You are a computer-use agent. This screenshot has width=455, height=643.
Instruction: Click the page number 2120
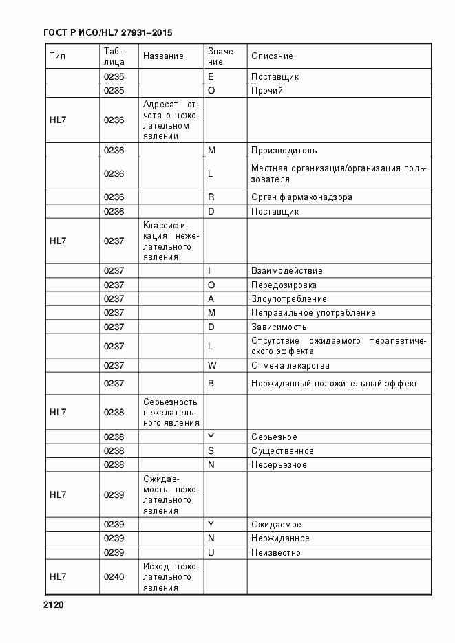point(53,605)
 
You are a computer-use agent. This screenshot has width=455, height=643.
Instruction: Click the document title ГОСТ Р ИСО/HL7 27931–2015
point(107,32)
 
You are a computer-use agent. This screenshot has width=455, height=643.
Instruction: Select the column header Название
point(164,56)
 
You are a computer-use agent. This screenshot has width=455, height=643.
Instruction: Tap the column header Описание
point(272,56)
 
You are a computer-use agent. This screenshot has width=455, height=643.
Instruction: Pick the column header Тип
point(58,56)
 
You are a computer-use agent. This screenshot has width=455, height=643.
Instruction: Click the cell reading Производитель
point(284,150)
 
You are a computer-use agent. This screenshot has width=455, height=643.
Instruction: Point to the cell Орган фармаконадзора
point(301,197)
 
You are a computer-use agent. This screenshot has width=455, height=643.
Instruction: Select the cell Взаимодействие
point(286,271)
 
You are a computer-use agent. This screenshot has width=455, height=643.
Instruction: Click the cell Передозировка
point(284,285)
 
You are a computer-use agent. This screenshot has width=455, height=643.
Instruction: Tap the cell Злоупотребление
point(288,299)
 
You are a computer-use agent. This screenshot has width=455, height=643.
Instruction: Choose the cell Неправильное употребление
point(313,313)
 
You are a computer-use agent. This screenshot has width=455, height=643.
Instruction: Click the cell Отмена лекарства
point(290,365)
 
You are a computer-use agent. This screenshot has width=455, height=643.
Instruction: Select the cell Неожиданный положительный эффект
point(334,384)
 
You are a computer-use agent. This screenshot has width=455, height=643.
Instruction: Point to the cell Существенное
point(282,451)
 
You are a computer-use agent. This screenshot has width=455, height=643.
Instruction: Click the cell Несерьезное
point(279,465)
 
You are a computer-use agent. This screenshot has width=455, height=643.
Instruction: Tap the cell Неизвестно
point(275,552)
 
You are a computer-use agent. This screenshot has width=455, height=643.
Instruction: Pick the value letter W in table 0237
point(211,365)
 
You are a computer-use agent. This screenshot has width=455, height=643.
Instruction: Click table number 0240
point(114,576)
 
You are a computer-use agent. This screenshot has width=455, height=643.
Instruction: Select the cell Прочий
point(267,90)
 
